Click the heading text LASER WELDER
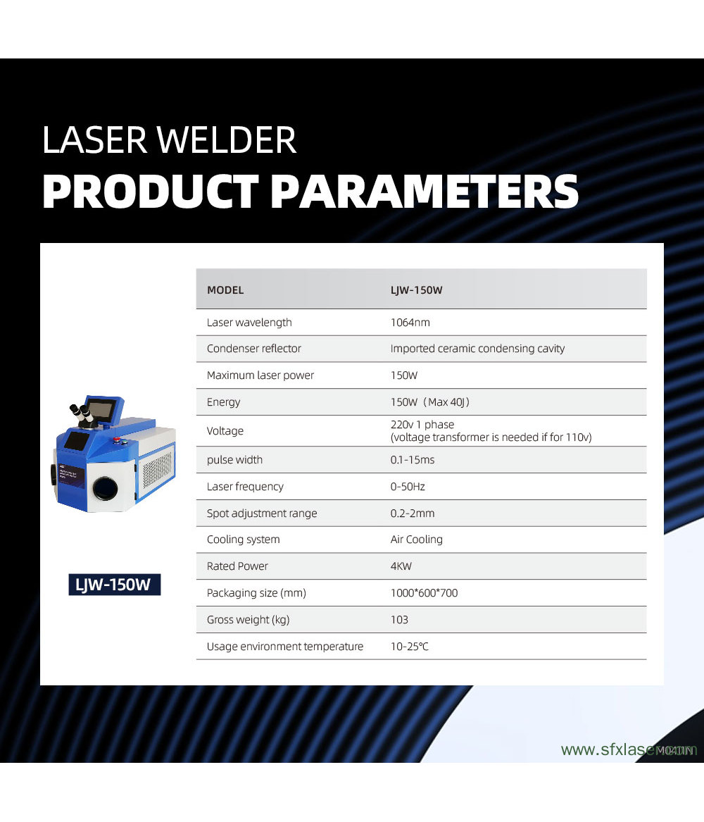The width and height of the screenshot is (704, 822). point(169,140)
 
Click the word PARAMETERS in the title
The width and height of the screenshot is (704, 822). point(425,191)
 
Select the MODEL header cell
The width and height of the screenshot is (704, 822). point(225,290)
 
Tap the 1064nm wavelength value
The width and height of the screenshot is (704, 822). point(410,323)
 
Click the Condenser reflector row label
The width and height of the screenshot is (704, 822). point(253,349)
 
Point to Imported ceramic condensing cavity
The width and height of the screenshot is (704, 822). point(477,349)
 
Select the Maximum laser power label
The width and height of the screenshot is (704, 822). point(260,375)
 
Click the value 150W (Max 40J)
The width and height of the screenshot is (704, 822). point(429,402)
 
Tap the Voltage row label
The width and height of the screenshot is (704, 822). point(225,431)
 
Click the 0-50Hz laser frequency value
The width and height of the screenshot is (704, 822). point(408,487)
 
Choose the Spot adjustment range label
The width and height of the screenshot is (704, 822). point(262,513)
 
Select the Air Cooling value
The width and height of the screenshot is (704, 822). point(416,540)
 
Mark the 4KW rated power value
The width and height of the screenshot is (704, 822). point(402,566)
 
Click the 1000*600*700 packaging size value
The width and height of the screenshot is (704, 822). point(424,593)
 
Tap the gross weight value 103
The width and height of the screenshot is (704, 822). point(399,620)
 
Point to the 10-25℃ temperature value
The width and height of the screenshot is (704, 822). point(409,647)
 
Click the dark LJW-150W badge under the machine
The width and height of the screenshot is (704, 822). point(114,585)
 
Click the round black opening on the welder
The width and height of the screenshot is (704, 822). point(106,487)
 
